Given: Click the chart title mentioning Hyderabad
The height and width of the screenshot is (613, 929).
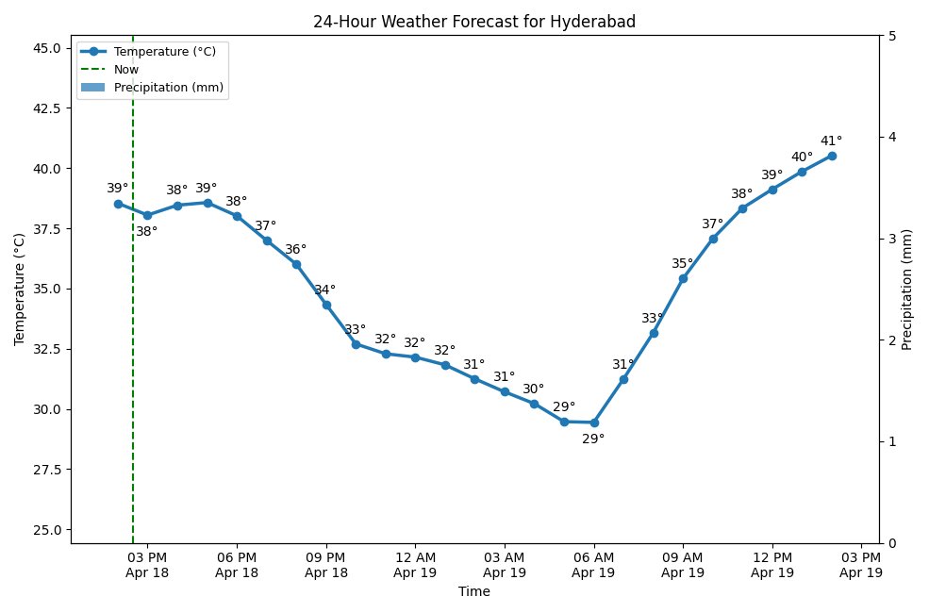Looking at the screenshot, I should pyautogui.click(x=474, y=22).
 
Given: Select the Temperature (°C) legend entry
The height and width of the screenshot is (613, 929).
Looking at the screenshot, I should pyautogui.click(x=165, y=51).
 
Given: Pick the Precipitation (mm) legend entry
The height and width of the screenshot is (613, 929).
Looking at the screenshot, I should pyautogui.click(x=169, y=87).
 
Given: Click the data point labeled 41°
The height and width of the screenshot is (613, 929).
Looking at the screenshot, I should pyautogui.click(x=832, y=156).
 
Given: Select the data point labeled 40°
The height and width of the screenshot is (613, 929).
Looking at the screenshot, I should pyautogui.click(x=802, y=172).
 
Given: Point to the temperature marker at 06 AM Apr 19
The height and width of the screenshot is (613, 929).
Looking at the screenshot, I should pyautogui.click(x=594, y=422).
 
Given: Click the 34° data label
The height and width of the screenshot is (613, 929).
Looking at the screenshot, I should pyautogui.click(x=324, y=290).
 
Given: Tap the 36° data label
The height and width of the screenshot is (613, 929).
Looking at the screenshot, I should pyautogui.click(x=295, y=249).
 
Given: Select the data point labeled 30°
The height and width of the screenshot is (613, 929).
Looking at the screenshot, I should pyautogui.click(x=534, y=404).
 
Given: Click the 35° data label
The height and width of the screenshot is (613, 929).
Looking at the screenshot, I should pyautogui.click(x=682, y=263).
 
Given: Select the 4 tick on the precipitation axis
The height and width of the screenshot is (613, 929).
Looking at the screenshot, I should pyautogui.click(x=891, y=138).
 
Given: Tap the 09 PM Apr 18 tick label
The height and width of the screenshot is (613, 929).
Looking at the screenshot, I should pyautogui.click(x=326, y=565).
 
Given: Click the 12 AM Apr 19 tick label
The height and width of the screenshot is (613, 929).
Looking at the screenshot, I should pyautogui.click(x=415, y=565).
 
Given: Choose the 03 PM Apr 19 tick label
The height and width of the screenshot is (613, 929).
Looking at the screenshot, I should pyautogui.click(x=861, y=565).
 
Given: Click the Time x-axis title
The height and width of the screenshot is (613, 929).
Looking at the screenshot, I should pyautogui.click(x=474, y=592).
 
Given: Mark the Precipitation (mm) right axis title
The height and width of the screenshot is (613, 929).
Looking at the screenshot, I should pyautogui.click(x=907, y=290).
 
